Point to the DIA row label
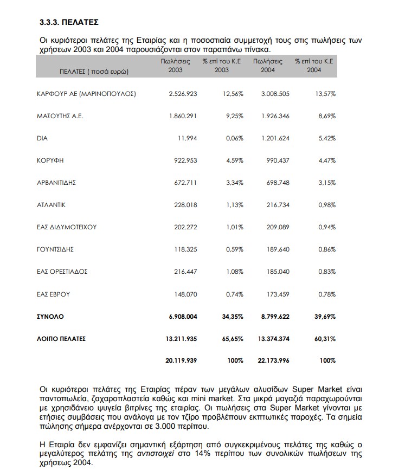coord(42,138)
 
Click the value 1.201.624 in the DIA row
coord(275,138)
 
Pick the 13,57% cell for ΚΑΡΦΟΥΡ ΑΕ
coord(325,94)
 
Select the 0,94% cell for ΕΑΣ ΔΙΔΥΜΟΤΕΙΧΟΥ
coord(327,227)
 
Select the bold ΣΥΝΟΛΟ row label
coord(50,316)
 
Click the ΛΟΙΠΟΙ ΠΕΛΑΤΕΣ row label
coord(61,339)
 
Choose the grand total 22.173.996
coord(273,361)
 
